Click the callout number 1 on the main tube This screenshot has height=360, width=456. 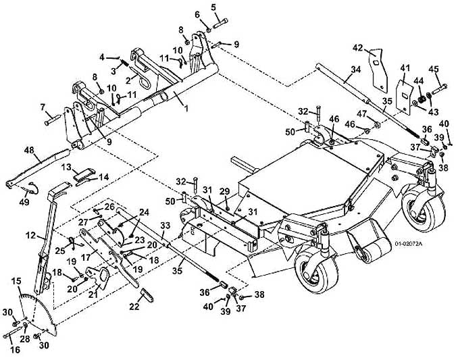[186, 108]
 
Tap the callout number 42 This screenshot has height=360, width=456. [358, 47]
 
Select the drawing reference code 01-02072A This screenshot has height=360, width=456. [408, 244]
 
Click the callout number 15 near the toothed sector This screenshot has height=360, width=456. [16, 281]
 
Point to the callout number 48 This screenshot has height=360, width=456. [29, 151]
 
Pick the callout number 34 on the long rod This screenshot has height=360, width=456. [355, 70]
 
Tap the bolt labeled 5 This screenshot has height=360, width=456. [220, 23]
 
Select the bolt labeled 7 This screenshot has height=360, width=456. [52, 120]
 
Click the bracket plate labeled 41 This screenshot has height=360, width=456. [404, 96]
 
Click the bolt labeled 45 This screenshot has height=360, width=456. [439, 89]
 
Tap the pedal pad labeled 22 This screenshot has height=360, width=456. [147, 295]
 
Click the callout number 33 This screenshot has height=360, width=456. [165, 225]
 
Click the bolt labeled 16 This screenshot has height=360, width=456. [12, 332]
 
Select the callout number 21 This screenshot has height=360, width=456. [93, 294]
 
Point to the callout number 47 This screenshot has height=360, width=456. [361, 113]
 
